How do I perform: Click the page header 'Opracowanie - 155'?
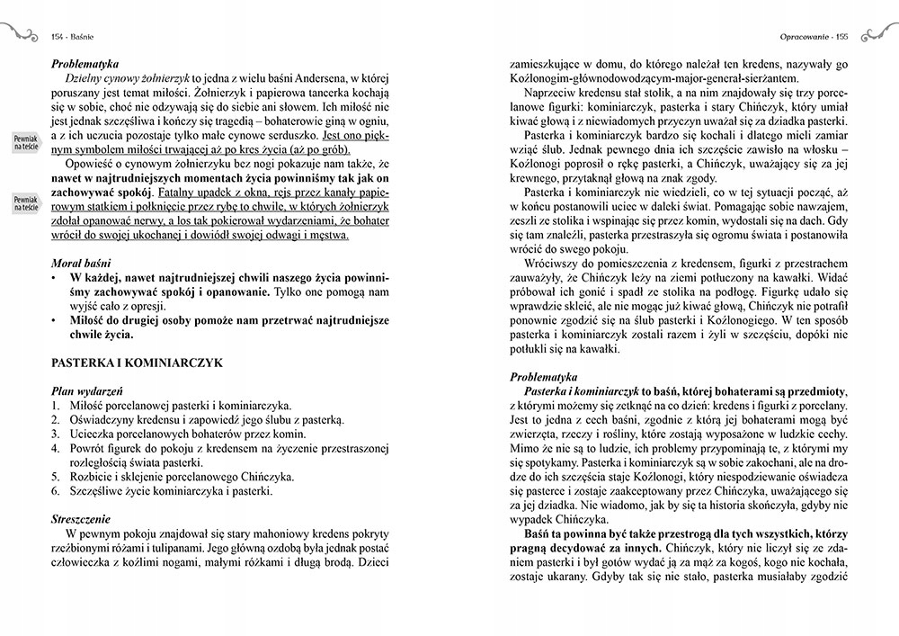click(x=814, y=37)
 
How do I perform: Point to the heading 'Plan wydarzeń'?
click(x=87, y=391)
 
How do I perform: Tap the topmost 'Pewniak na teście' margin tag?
click(x=24, y=142)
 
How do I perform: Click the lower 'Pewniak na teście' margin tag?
click(x=24, y=203)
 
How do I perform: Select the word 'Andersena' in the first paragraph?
click(x=323, y=81)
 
